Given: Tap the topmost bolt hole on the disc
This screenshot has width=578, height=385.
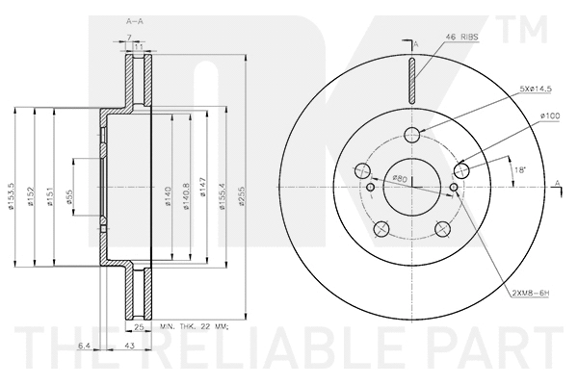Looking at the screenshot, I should point(411,134).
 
